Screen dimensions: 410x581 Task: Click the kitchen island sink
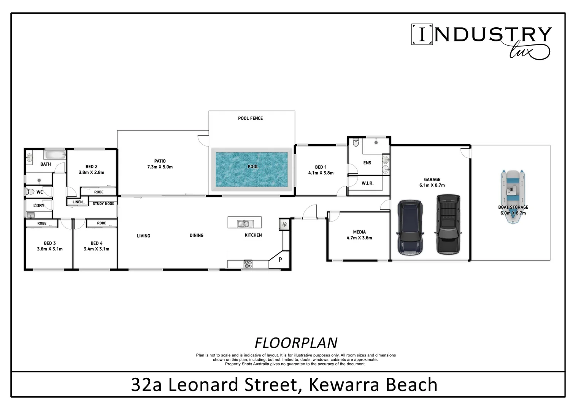click(243, 224)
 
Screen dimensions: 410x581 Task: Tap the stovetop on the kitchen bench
click(248, 264)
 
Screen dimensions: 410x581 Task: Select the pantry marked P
click(280, 260)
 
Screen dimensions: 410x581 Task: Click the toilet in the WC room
click(30, 192)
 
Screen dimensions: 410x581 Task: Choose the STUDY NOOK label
click(103, 204)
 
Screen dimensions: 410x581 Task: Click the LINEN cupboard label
click(78, 202)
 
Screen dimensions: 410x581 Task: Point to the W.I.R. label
click(367, 183)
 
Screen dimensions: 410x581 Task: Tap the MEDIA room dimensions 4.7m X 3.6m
click(359, 238)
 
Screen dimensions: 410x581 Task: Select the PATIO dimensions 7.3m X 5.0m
click(160, 167)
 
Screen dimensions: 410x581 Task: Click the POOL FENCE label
click(250, 118)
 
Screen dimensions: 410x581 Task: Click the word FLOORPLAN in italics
click(296, 343)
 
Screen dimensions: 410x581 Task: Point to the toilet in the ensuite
click(356, 143)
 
